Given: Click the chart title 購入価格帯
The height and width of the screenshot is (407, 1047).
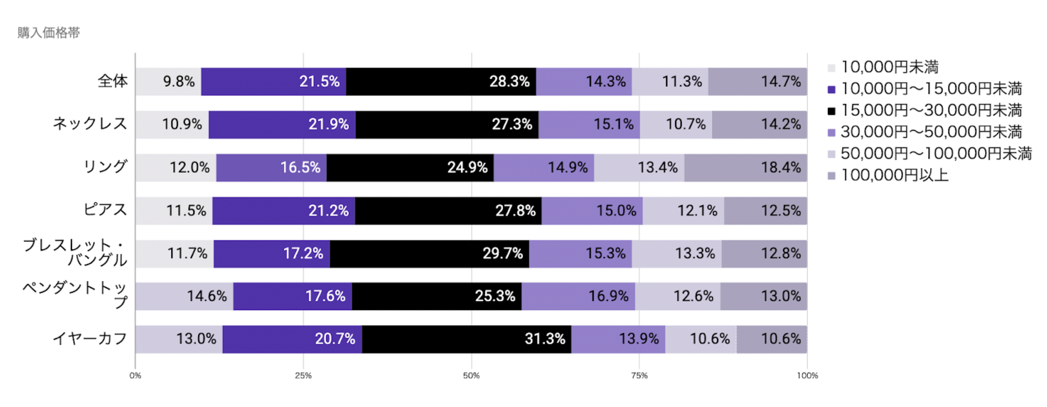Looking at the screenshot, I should pyautogui.click(x=48, y=33).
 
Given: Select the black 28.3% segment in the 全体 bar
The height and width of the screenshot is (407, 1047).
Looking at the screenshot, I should pyautogui.click(x=441, y=81).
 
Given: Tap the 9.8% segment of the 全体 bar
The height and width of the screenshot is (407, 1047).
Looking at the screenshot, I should pyautogui.click(x=168, y=81).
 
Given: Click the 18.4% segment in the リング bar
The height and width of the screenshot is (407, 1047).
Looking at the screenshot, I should pyautogui.click(x=745, y=168).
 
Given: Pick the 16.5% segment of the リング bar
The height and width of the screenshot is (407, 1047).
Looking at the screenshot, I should pyautogui.click(x=271, y=168).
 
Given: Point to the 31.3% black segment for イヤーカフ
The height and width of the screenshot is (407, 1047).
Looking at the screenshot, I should pyautogui.click(x=466, y=339).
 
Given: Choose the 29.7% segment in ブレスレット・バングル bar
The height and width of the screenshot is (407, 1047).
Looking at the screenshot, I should pyautogui.click(x=429, y=254).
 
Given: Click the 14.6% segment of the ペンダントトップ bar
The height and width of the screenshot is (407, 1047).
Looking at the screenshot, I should pyautogui.click(x=184, y=296).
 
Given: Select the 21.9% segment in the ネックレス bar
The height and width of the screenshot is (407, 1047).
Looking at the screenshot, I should pyautogui.click(x=282, y=125).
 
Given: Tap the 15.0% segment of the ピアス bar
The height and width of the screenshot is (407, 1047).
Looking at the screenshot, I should pyautogui.click(x=592, y=211).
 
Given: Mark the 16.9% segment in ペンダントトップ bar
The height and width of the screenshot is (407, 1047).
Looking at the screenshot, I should pyautogui.click(x=578, y=296).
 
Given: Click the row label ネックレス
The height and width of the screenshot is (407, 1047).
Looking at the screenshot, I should pyautogui.click(x=90, y=124).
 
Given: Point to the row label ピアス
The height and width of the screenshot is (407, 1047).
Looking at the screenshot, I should pyautogui.click(x=105, y=210).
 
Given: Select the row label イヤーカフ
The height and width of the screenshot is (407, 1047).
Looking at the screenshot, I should pyautogui.click(x=90, y=339).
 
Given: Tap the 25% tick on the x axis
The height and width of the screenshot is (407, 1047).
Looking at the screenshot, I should pyautogui.click(x=303, y=376).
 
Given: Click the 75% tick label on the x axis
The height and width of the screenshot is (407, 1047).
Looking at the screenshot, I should pyautogui.click(x=639, y=376).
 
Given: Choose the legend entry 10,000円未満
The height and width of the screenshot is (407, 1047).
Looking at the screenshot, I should pyautogui.click(x=889, y=68).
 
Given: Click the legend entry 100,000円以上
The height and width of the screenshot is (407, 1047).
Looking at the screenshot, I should pyautogui.click(x=894, y=176).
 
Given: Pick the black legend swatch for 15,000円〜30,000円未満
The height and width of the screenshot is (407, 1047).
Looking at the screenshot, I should pyautogui.click(x=831, y=111).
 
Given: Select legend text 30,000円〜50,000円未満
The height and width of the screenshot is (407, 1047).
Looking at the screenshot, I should pyautogui.click(x=931, y=132).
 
